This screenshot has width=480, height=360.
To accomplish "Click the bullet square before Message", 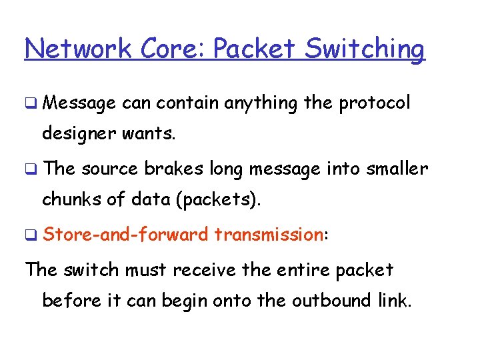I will coord(30,104).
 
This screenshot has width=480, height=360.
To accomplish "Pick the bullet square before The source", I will coord(30,169).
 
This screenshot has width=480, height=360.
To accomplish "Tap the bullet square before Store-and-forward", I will coord(30,235).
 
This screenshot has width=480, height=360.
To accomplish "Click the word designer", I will coord(79,134).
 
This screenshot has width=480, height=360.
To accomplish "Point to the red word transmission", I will coord(269,234).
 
